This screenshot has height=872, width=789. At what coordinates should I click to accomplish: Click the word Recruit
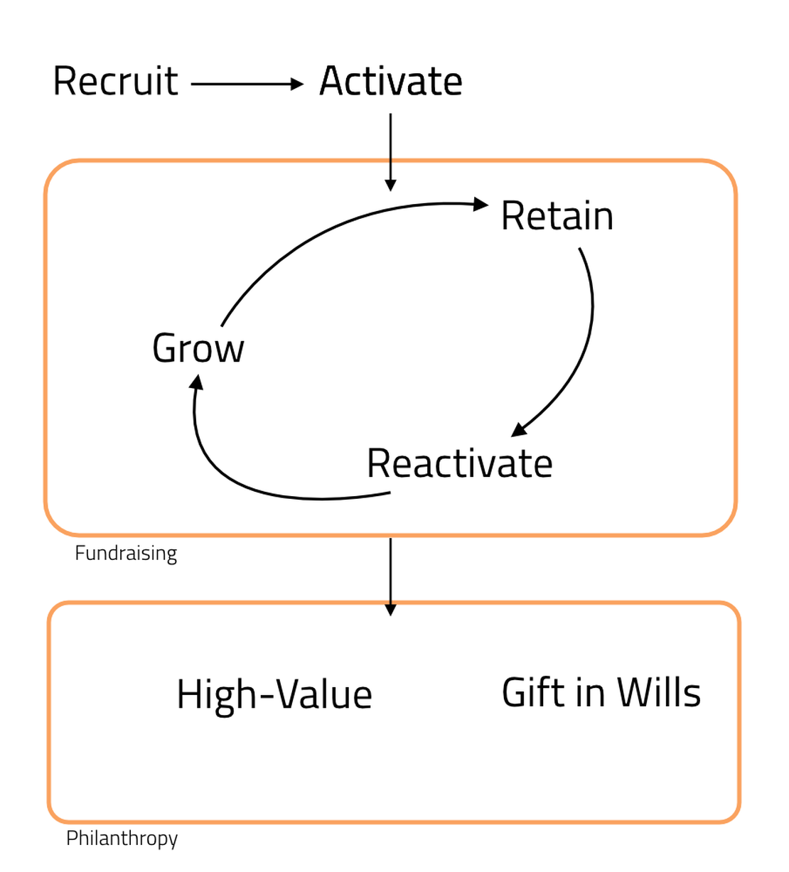(115, 81)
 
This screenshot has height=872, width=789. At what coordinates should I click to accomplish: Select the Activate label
(390, 81)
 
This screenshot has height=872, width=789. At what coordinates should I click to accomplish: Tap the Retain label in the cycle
(557, 216)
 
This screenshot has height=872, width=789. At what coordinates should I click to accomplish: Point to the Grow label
(198, 348)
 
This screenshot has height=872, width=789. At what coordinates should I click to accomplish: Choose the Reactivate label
(459, 463)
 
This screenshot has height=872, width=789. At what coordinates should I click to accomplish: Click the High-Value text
(274, 694)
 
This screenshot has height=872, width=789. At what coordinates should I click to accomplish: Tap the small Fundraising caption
(126, 553)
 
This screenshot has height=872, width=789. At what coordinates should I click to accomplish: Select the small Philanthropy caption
(122, 838)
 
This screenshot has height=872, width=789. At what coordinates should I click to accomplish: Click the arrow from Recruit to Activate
(245, 85)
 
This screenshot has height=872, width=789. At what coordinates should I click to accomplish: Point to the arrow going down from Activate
(390, 149)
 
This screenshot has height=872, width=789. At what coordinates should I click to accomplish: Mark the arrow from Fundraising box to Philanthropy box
(390, 572)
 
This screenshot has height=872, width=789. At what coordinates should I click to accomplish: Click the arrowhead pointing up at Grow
(197, 382)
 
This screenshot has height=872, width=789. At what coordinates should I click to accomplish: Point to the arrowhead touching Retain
(481, 205)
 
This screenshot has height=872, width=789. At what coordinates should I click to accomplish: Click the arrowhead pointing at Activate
(297, 85)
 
